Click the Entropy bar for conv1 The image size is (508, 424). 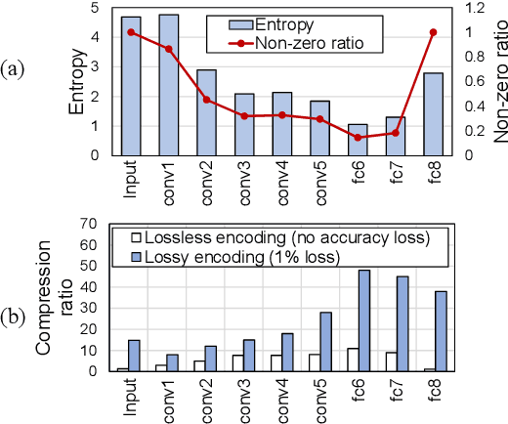(x=169, y=85)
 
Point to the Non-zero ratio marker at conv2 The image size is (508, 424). (x=207, y=100)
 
